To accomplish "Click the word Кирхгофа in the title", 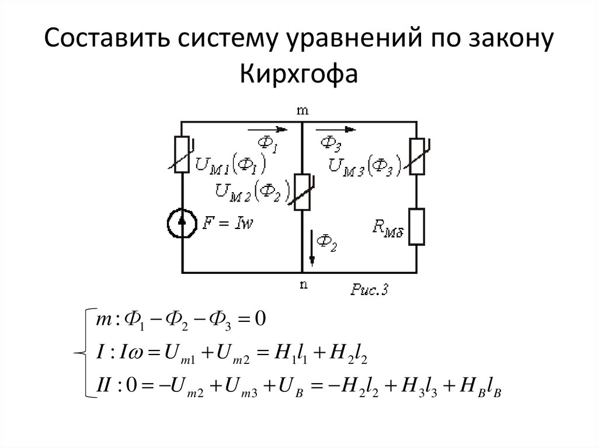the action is point(298,74).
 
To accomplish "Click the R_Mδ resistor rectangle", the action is point(417,227).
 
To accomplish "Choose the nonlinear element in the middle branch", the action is point(303,192).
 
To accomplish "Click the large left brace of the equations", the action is point(82,353).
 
